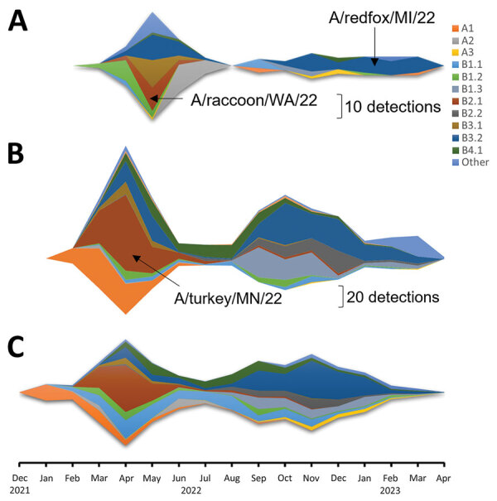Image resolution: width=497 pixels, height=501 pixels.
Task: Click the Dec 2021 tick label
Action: click(x=19, y=484)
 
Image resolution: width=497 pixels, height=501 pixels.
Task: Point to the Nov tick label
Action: click(x=311, y=479)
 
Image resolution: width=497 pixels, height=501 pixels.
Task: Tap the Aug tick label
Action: click(x=232, y=479)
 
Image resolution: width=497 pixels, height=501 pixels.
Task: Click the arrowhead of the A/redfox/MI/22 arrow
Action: click(x=374, y=65)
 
